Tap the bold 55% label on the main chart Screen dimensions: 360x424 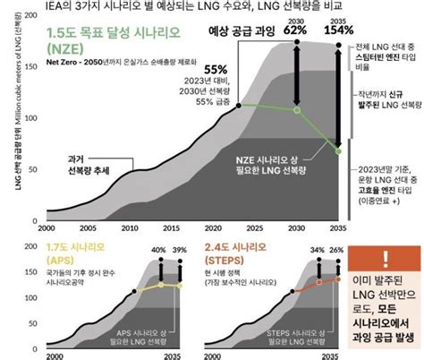(215, 69)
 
